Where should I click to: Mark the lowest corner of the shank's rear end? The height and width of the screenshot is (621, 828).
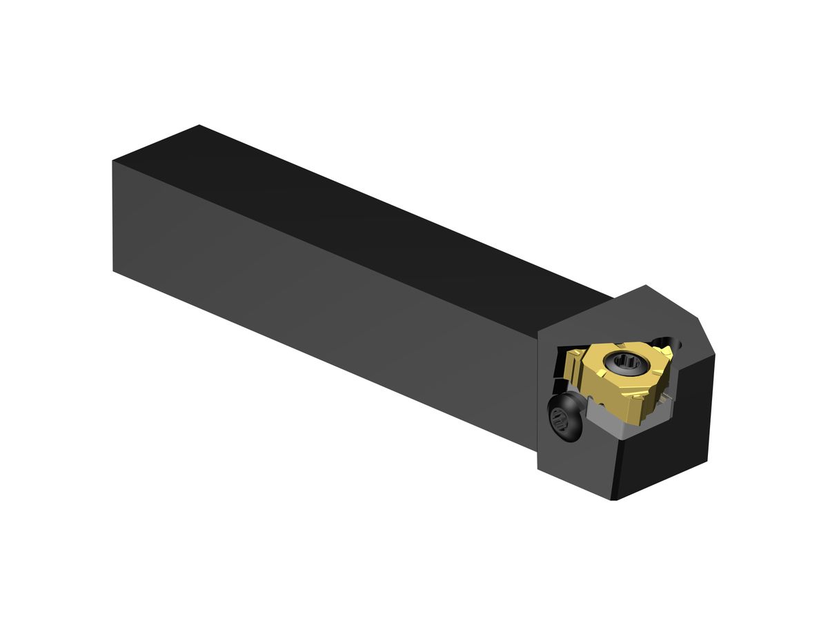point(113,270)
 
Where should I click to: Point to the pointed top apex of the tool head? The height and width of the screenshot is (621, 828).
point(646,285)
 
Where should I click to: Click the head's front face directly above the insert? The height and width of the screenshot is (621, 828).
point(607,324)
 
